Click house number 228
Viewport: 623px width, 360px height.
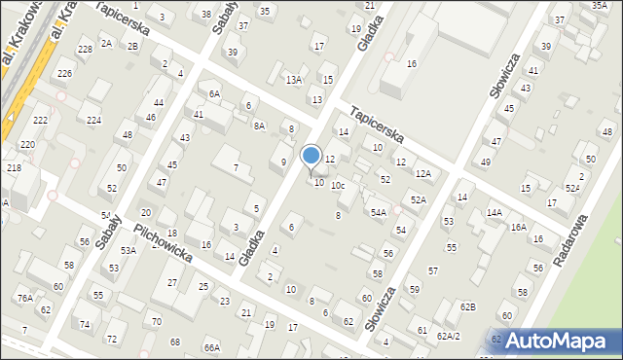(x=85, y=49)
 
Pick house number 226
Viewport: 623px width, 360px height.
(x=64, y=74)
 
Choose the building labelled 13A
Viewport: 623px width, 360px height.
(x=293, y=80)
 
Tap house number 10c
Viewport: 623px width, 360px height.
(x=338, y=185)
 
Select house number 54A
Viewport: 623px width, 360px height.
(x=378, y=211)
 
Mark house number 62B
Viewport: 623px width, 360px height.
(x=468, y=307)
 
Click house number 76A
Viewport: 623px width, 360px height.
(x=23, y=299)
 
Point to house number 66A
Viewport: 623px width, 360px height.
(x=211, y=347)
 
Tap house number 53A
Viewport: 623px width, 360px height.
(x=128, y=250)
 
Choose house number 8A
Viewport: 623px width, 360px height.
(x=259, y=126)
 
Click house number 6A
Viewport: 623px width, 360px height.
(x=214, y=93)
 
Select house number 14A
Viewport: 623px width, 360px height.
(x=494, y=212)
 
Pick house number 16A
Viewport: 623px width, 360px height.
(x=518, y=227)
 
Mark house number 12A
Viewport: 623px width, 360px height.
(x=422, y=173)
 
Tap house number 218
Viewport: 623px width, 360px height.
(x=15, y=168)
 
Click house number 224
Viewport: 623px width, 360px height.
(x=93, y=120)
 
